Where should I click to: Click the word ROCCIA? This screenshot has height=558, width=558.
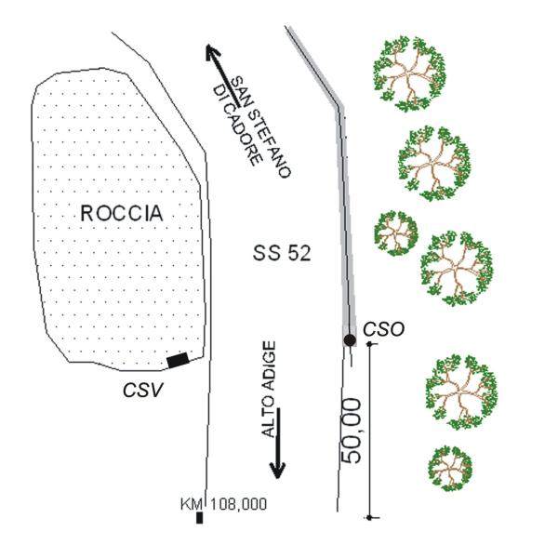click(x=121, y=214)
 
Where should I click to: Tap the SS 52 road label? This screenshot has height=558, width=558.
click(x=281, y=252)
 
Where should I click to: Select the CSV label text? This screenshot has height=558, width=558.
click(x=142, y=390)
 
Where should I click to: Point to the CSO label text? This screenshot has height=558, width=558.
click(x=384, y=328)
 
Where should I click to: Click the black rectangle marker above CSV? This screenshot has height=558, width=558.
click(x=178, y=359)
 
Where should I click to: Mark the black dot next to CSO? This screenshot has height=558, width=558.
click(x=350, y=340)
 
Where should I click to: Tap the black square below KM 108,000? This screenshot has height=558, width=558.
click(x=199, y=518)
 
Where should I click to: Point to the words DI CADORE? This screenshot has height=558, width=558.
click(x=237, y=126)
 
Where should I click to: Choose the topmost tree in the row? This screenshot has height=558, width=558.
click(x=407, y=73)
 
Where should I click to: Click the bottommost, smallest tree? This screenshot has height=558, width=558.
click(x=450, y=468)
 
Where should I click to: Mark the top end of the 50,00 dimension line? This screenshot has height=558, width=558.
click(x=370, y=345)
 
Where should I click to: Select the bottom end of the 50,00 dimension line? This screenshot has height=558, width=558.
click(x=370, y=516)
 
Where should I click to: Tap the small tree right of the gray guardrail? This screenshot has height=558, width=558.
click(x=396, y=232)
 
